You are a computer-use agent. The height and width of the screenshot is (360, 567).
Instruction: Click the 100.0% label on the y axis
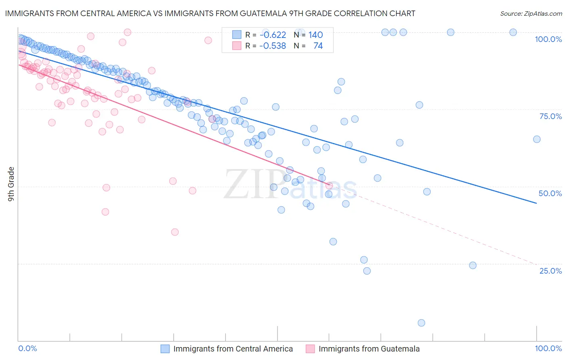(x=548, y=39)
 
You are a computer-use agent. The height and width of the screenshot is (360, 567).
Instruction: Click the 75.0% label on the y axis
(x=550, y=116)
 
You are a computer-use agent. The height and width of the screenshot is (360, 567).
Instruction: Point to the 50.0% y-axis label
(x=550, y=193)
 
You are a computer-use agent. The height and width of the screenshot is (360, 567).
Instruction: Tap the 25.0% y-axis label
(x=550, y=271)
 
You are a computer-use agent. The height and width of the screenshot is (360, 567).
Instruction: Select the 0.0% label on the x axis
(x=27, y=348)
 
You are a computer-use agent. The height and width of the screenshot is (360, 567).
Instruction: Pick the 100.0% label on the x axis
(x=548, y=348)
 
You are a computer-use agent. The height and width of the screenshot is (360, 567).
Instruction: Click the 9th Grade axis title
(x=11, y=184)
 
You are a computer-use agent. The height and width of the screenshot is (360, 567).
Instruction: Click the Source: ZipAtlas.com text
(x=531, y=14)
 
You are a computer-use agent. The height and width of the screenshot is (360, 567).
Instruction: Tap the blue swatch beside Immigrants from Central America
(x=165, y=349)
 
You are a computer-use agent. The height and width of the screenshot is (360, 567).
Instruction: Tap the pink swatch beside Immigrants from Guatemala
(x=310, y=349)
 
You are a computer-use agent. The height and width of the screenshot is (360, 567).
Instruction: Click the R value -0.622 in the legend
(x=273, y=35)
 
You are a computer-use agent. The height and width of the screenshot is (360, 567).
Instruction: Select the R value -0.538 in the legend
(x=273, y=46)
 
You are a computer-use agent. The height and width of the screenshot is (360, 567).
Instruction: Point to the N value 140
(x=316, y=35)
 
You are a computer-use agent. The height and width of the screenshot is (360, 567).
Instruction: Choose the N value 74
(x=318, y=46)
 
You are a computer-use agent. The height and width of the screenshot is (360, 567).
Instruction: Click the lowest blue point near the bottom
(x=421, y=323)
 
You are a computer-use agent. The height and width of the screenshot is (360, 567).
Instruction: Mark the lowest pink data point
(x=175, y=232)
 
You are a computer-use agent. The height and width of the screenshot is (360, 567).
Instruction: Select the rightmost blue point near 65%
(x=537, y=139)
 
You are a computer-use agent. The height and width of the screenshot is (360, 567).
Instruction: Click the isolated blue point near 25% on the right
(x=473, y=266)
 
